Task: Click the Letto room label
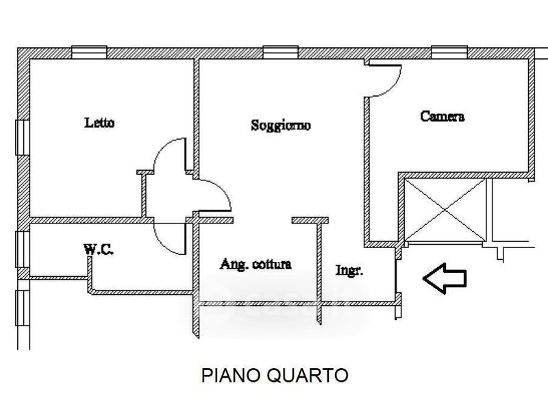click(99, 123)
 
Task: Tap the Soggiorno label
click(281, 125)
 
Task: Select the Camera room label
click(443, 117)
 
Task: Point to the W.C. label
click(99, 250)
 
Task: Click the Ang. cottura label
click(256, 264)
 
